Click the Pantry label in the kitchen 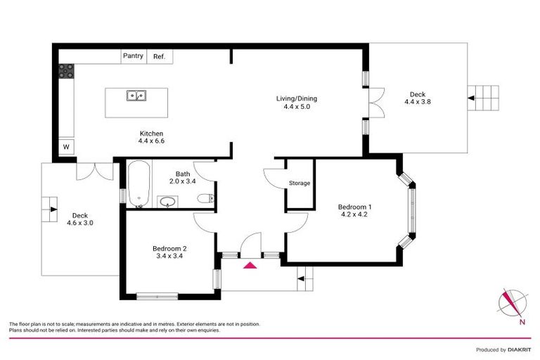(x=133, y=56)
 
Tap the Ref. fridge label (x=159, y=56)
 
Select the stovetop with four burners (x=66, y=70)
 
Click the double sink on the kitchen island (x=136, y=95)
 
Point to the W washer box (x=66, y=147)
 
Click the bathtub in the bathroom (x=138, y=185)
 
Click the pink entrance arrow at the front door (x=250, y=266)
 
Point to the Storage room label (x=300, y=184)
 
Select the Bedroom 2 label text (x=169, y=248)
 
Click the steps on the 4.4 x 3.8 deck (x=485, y=97)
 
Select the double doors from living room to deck (x=376, y=100)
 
